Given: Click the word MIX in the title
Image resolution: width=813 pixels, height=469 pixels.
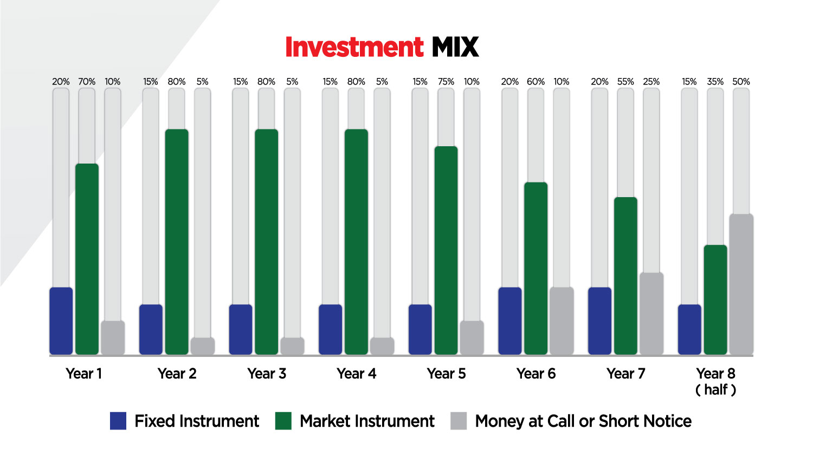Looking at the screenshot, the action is pyautogui.click(x=455, y=47).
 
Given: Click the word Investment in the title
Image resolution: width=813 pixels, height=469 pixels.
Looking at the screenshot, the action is pyautogui.click(x=354, y=47).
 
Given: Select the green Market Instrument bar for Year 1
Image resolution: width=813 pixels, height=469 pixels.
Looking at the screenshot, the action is pyautogui.click(x=87, y=259).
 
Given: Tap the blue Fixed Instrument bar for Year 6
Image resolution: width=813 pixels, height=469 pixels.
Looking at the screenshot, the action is pyautogui.click(x=510, y=321).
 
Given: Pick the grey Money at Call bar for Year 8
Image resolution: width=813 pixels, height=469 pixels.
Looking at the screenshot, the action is pyautogui.click(x=741, y=284).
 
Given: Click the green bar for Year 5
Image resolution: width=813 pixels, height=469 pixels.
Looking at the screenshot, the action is pyautogui.click(x=446, y=250).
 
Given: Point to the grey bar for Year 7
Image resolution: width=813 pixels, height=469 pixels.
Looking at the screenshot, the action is pyautogui.click(x=652, y=314).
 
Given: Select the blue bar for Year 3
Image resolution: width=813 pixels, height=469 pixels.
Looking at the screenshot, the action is pyautogui.click(x=241, y=329).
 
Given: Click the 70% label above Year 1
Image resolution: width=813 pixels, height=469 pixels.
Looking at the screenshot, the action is pyautogui.click(x=87, y=82).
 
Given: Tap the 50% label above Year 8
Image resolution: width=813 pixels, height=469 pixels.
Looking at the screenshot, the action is pyautogui.click(x=741, y=82).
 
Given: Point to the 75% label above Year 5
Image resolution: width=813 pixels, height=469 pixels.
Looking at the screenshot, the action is pyautogui.click(x=446, y=82).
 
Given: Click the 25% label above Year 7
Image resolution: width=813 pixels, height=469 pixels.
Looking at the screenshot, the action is pyautogui.click(x=651, y=82).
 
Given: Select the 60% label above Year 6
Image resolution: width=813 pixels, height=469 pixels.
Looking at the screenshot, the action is pyautogui.click(x=535, y=82).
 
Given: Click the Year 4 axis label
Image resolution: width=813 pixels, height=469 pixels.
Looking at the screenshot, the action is pyautogui.click(x=357, y=374).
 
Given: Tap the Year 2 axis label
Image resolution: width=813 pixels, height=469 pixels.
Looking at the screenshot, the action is pyautogui.click(x=177, y=374).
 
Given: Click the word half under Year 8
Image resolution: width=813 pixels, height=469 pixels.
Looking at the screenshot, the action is pyautogui.click(x=716, y=390).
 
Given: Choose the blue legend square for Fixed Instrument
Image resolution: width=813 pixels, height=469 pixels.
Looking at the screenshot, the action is pyautogui.click(x=118, y=421).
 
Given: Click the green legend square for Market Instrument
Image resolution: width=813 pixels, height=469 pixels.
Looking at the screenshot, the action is pyautogui.click(x=283, y=421).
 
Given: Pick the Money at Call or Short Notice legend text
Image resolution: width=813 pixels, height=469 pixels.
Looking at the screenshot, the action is pyautogui.click(x=583, y=421).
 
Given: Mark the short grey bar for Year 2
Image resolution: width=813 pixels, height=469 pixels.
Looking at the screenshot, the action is pyautogui.click(x=203, y=346).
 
